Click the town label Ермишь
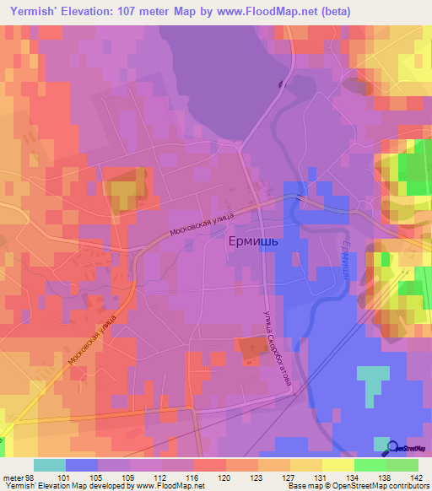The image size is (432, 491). click(253, 240)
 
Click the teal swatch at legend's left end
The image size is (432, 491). click(49, 465)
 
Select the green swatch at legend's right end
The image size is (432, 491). click(402, 465)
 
